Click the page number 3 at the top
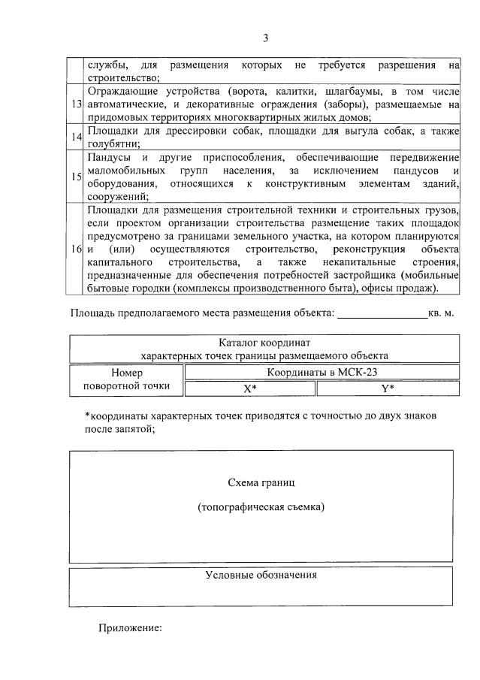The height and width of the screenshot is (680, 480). click(x=265, y=38)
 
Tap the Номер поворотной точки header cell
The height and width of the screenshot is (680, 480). click(x=126, y=379)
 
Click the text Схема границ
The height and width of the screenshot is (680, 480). click(x=261, y=482)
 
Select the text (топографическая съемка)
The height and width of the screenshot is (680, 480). click(x=261, y=507)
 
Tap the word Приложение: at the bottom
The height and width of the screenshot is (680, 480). click(x=130, y=628)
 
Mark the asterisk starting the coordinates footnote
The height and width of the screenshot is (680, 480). click(x=87, y=416)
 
